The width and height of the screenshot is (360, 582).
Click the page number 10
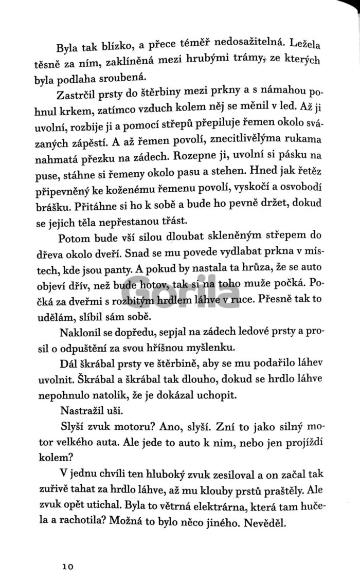[x=68, y=553]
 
